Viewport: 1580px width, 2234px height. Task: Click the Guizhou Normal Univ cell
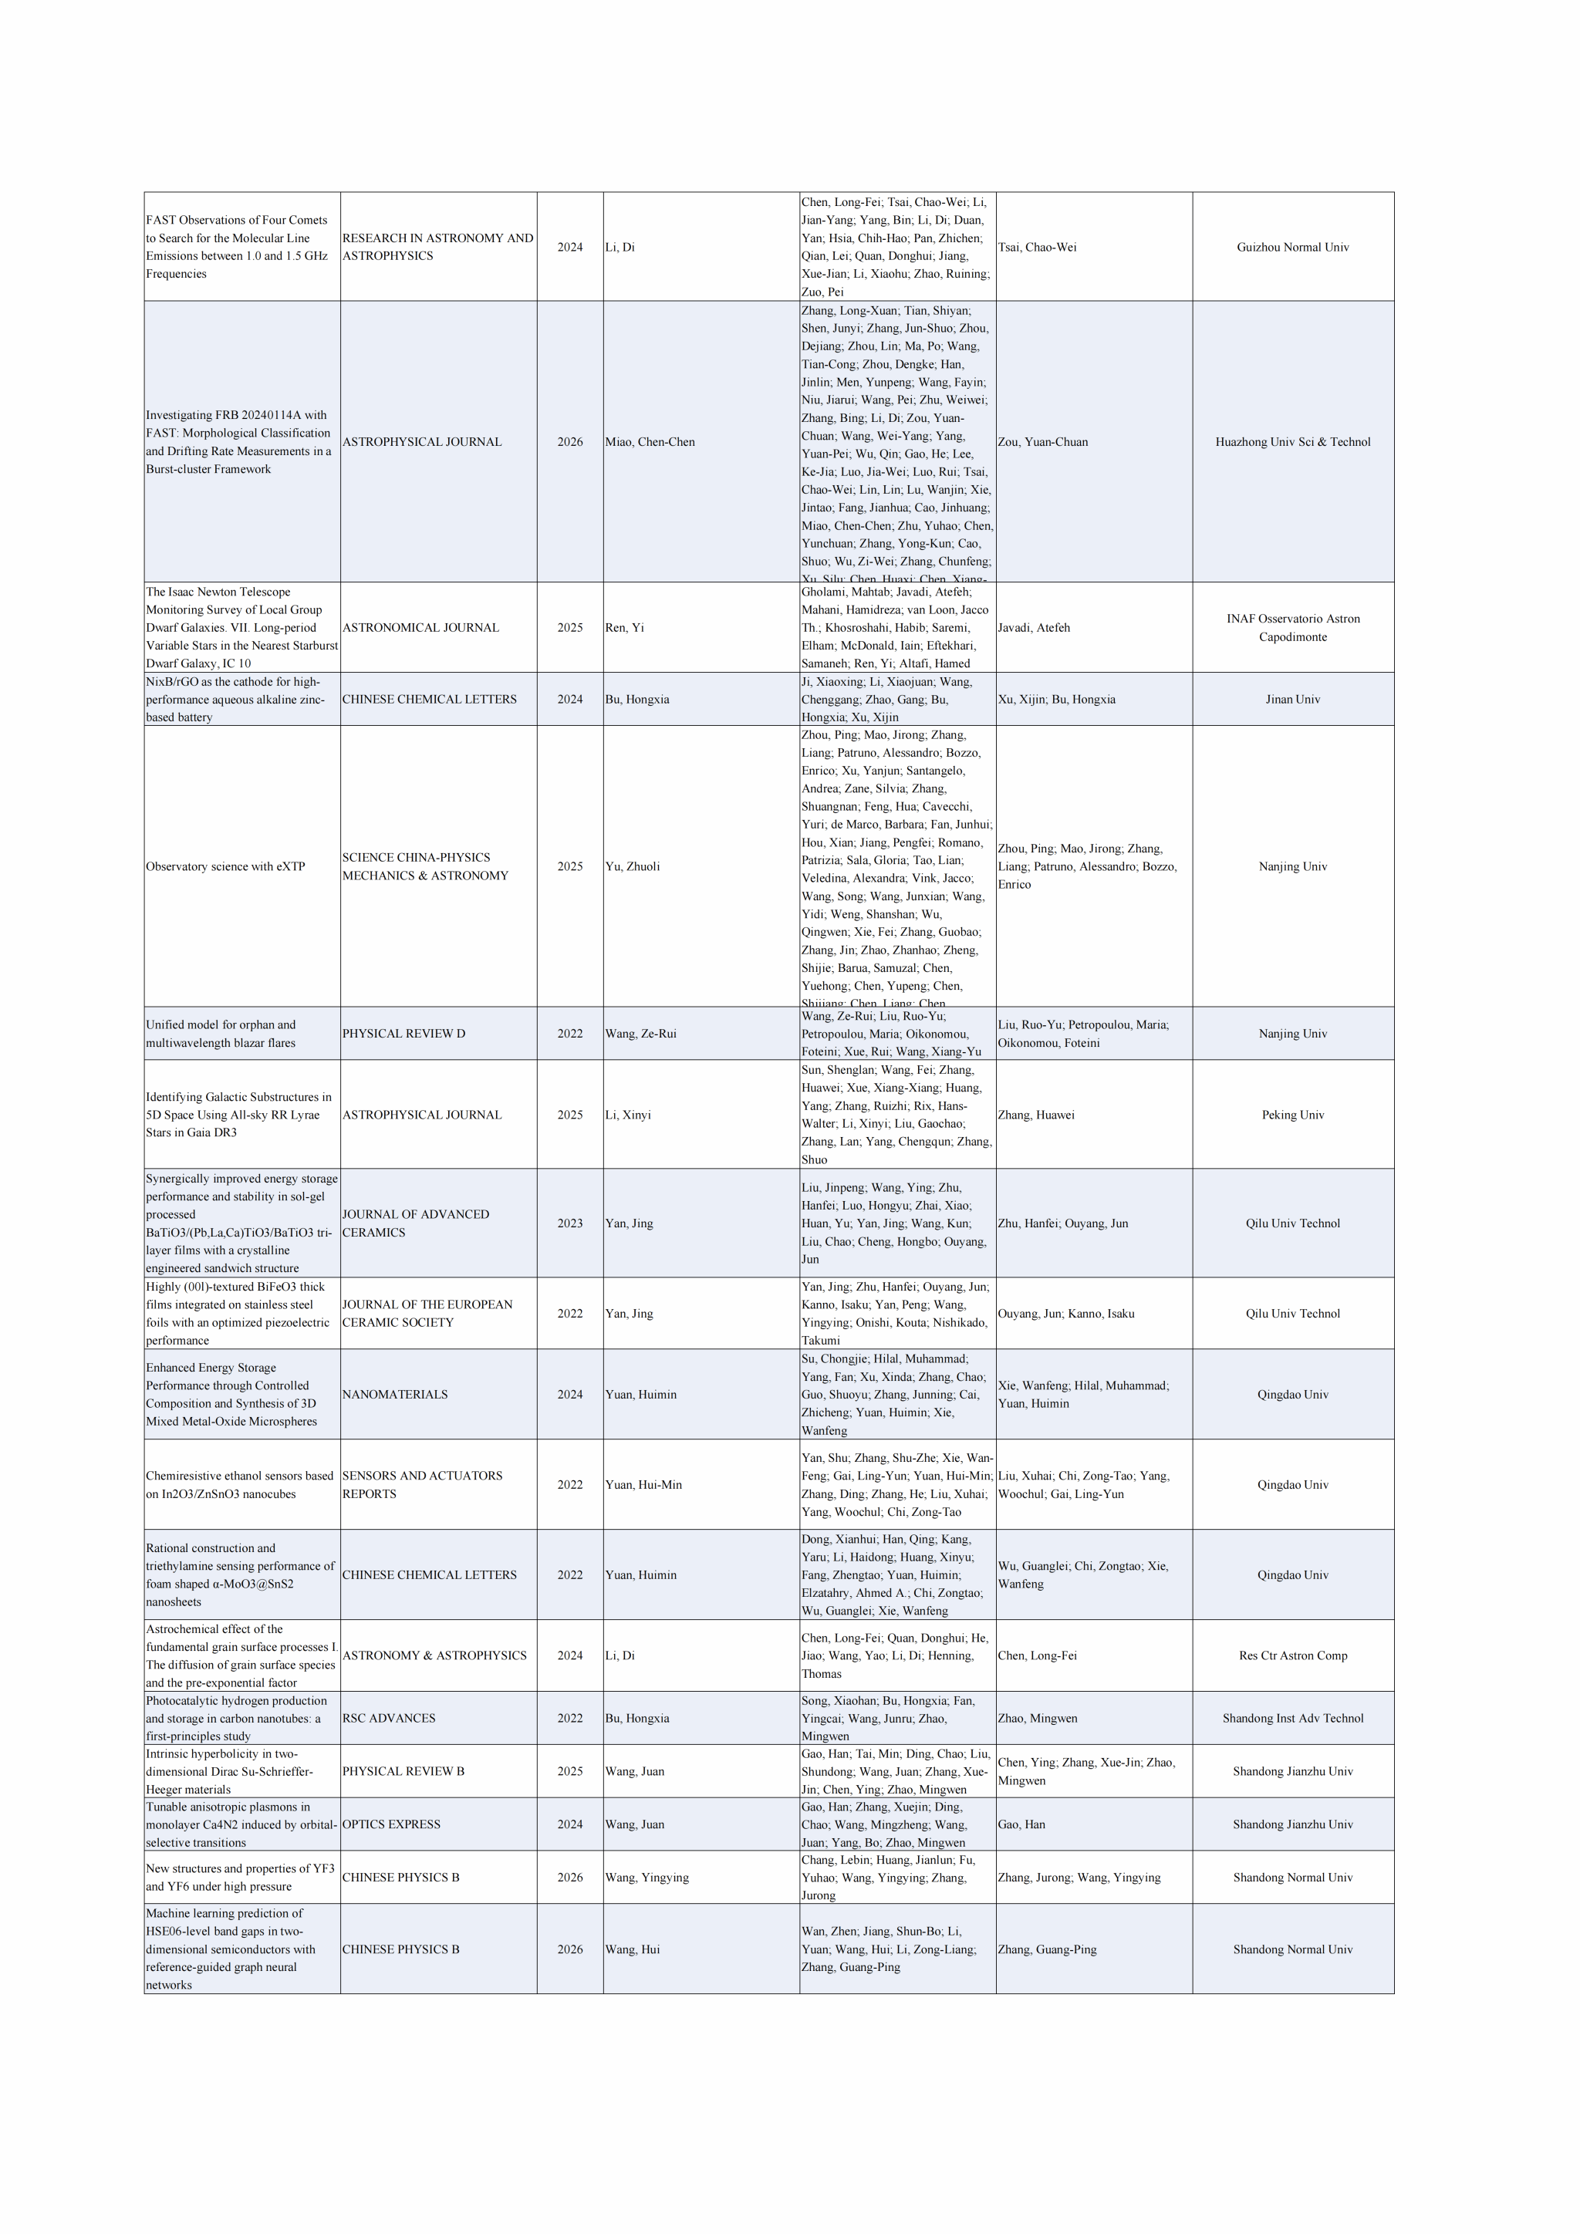pos(1292,247)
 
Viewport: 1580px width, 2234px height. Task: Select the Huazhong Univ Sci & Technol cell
pos(1292,442)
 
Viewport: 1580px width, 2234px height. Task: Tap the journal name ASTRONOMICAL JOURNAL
pos(420,628)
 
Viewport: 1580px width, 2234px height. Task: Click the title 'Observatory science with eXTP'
pos(226,866)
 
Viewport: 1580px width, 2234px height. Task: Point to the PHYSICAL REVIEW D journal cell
pos(403,1034)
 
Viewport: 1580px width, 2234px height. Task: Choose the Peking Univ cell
pos(1292,1115)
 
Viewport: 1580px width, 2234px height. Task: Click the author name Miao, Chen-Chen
pos(650,442)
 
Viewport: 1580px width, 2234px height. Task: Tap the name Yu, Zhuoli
pos(633,866)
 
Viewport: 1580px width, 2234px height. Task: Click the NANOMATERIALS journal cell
pos(395,1394)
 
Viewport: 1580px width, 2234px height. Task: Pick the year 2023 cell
pos(570,1223)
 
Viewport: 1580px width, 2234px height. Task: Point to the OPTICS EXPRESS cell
pos(391,1824)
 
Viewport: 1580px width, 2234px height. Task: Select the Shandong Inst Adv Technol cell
pos(1292,1718)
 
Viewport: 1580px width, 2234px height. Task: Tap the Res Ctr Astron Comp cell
pos(1292,1655)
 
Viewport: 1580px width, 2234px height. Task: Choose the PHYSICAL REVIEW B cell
pos(403,1771)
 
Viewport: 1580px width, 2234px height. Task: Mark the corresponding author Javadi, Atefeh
pos(1033,628)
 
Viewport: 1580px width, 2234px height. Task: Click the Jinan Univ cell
pos(1292,699)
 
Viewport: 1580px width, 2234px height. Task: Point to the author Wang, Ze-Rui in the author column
pos(640,1034)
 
